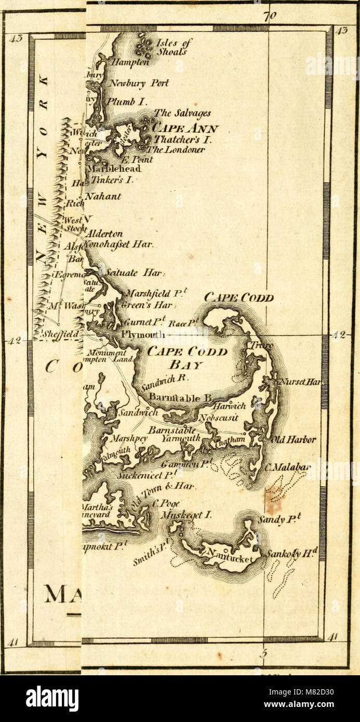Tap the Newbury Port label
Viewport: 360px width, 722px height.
138,83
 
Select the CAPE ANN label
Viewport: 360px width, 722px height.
185,128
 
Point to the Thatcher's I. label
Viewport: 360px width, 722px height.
179,139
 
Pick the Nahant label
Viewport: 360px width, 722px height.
103,196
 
